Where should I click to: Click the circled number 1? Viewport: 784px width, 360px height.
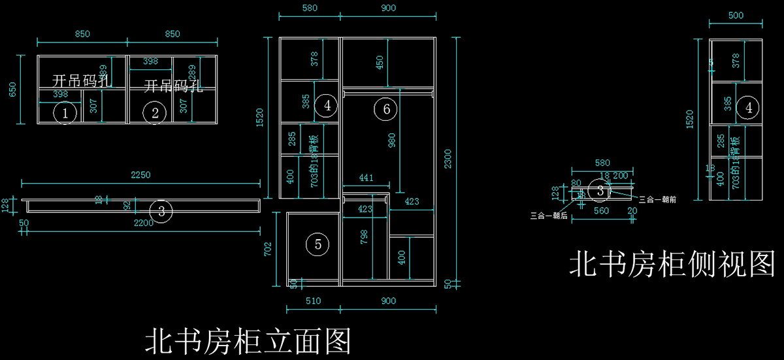pyautogui.click(x=64, y=114)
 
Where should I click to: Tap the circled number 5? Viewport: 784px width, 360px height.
pyautogui.click(x=318, y=244)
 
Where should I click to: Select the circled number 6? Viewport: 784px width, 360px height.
pyautogui.click(x=386, y=109)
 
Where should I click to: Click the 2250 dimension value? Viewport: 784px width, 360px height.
pyautogui.click(x=140, y=174)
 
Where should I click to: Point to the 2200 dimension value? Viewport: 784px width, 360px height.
pyautogui.click(x=144, y=223)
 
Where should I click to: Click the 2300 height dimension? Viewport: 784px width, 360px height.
pyautogui.click(x=448, y=158)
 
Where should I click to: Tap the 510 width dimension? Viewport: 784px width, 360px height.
pyautogui.click(x=312, y=301)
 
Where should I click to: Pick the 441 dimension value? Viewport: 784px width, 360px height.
pyautogui.click(x=367, y=178)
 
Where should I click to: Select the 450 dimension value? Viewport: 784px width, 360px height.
pyautogui.click(x=380, y=63)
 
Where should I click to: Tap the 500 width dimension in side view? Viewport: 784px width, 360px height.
pyautogui.click(x=736, y=16)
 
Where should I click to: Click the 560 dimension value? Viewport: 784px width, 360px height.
pyautogui.click(x=600, y=211)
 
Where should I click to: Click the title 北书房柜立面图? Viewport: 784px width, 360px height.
pyautogui.click(x=248, y=341)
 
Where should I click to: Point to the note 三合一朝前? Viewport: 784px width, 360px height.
pyautogui.click(x=657, y=199)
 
